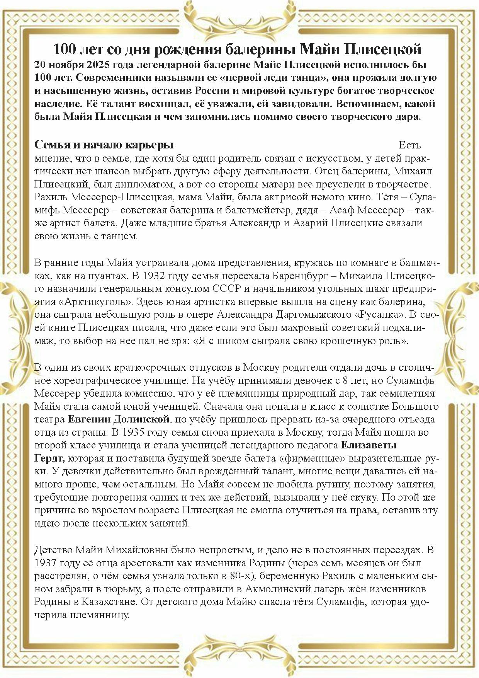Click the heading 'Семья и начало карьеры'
pyautogui.click(x=104, y=145)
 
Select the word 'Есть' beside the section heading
pyautogui.click(x=409, y=145)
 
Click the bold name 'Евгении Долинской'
pyautogui.click(x=119, y=419)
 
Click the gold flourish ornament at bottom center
pyautogui.click(x=239, y=657)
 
